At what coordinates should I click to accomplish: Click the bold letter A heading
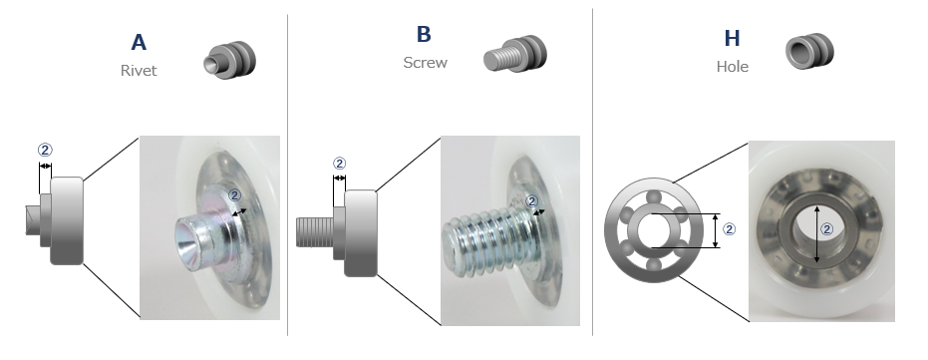(138, 43)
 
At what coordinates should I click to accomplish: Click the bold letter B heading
(424, 34)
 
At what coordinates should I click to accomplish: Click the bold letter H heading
(732, 39)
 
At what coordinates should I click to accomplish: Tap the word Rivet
(139, 71)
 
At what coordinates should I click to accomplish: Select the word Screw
(425, 62)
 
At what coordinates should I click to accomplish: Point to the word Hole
(732, 66)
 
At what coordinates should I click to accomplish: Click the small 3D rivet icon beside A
(230, 60)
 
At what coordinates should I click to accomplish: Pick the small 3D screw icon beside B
(515, 54)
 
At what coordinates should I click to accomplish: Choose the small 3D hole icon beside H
(810, 51)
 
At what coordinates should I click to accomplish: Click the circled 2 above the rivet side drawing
(45, 151)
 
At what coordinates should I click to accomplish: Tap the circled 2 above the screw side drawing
(339, 164)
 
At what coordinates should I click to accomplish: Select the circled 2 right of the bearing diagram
(730, 229)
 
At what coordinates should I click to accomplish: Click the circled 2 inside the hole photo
(827, 229)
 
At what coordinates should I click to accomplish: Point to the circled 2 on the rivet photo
(235, 195)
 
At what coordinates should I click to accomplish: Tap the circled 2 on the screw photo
(531, 201)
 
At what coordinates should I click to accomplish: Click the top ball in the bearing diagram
(654, 197)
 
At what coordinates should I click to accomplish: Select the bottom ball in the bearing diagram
(654, 264)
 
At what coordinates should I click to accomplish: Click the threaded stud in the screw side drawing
(315, 232)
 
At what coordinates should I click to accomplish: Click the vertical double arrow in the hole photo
(817, 234)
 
